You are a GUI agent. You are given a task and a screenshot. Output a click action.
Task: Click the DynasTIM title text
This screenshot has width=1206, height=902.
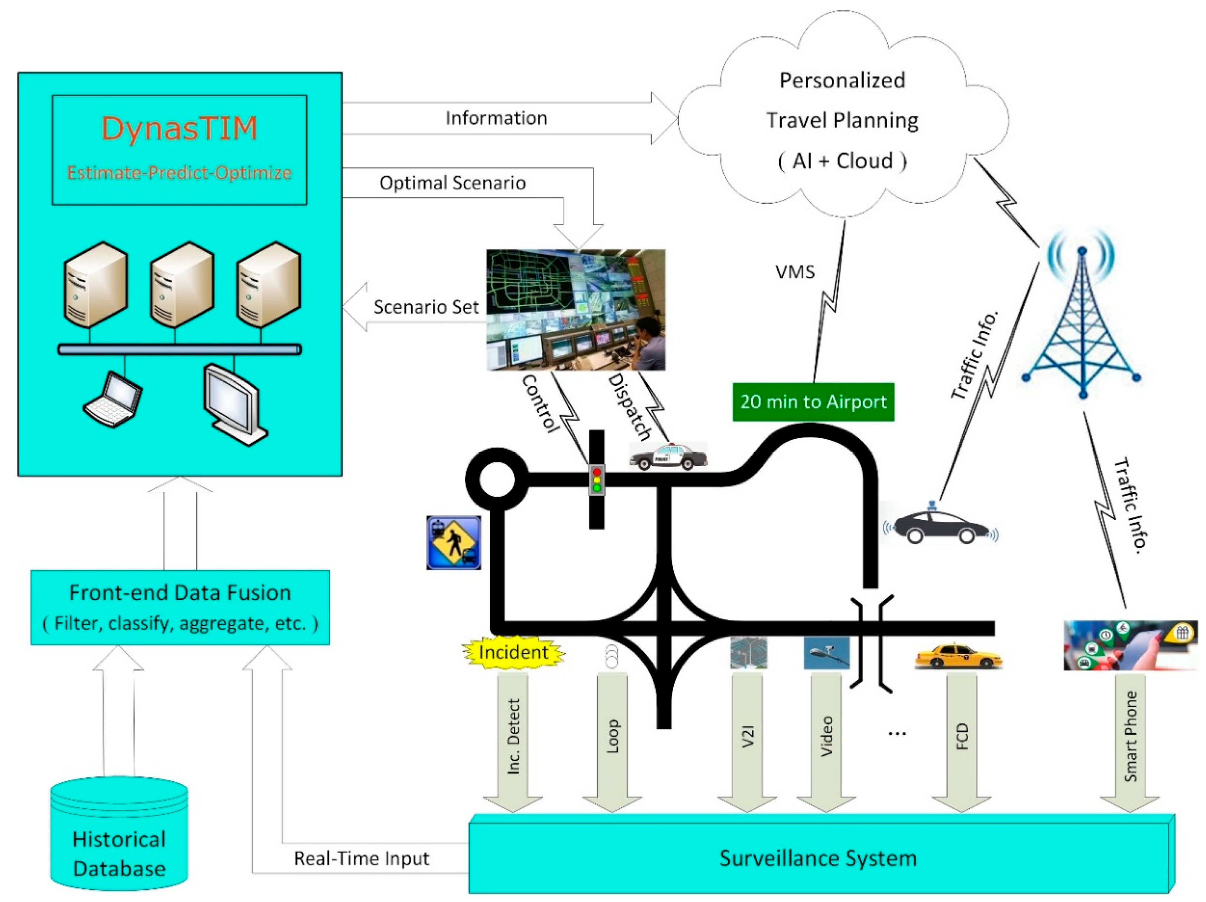(x=179, y=129)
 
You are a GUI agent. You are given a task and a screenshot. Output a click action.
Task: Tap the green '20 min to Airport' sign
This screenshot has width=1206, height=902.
(x=813, y=402)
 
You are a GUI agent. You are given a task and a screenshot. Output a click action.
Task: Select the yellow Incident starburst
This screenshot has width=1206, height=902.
(x=512, y=652)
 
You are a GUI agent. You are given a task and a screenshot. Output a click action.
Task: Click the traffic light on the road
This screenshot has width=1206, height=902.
(x=596, y=479)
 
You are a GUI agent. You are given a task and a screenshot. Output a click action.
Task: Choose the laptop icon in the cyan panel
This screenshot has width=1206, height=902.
(x=113, y=399)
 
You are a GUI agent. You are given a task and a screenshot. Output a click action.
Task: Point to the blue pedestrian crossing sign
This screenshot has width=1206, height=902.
(x=454, y=543)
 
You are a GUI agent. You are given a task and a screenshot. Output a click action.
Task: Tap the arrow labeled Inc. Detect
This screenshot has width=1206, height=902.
(x=512, y=742)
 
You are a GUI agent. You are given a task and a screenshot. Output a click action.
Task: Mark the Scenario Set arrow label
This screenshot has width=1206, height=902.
(x=426, y=307)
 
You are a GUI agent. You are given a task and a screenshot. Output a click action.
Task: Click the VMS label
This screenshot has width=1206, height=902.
(x=795, y=272)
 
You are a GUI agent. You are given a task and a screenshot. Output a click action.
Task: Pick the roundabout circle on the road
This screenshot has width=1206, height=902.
(x=497, y=479)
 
